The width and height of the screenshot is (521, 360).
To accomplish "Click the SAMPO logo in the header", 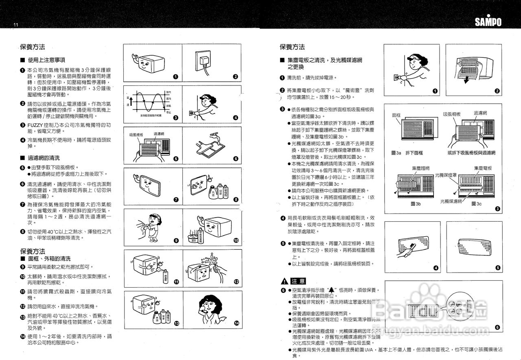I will [488, 22].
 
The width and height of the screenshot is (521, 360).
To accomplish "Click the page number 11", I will [16, 25].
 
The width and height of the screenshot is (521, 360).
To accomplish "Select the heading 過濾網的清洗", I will [44, 158].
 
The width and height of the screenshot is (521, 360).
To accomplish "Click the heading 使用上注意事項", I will [46, 60].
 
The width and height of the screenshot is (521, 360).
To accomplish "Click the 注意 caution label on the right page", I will [298, 281].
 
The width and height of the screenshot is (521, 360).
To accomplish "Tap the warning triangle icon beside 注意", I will [284, 281].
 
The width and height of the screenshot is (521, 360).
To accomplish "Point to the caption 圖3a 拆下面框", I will [407, 153].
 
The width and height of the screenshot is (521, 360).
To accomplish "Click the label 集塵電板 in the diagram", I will [483, 168].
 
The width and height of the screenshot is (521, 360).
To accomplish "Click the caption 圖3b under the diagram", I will [416, 203].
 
